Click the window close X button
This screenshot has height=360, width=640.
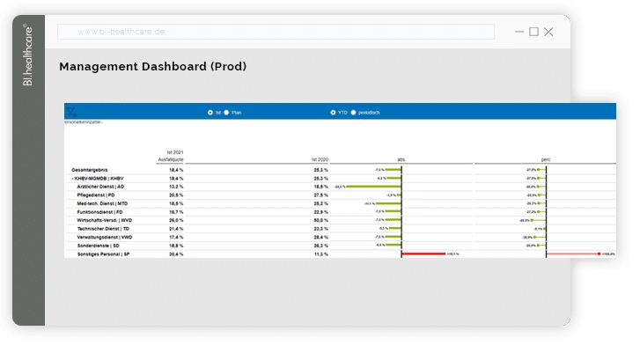pos(548,32)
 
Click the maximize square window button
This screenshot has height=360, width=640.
pos(533,32)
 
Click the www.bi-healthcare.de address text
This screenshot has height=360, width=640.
pos(121,32)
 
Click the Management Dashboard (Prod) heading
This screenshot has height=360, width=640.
pos(152,67)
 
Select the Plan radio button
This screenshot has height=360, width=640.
pos(226,113)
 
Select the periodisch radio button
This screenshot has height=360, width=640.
pos(353,113)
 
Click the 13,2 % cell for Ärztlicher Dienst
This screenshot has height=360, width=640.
pos(176,187)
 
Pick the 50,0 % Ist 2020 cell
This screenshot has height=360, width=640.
pos(320,220)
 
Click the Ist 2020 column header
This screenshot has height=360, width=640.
pos(319,159)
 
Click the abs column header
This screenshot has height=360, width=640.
pos(401,159)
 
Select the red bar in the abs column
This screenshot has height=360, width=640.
pos(423,253)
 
